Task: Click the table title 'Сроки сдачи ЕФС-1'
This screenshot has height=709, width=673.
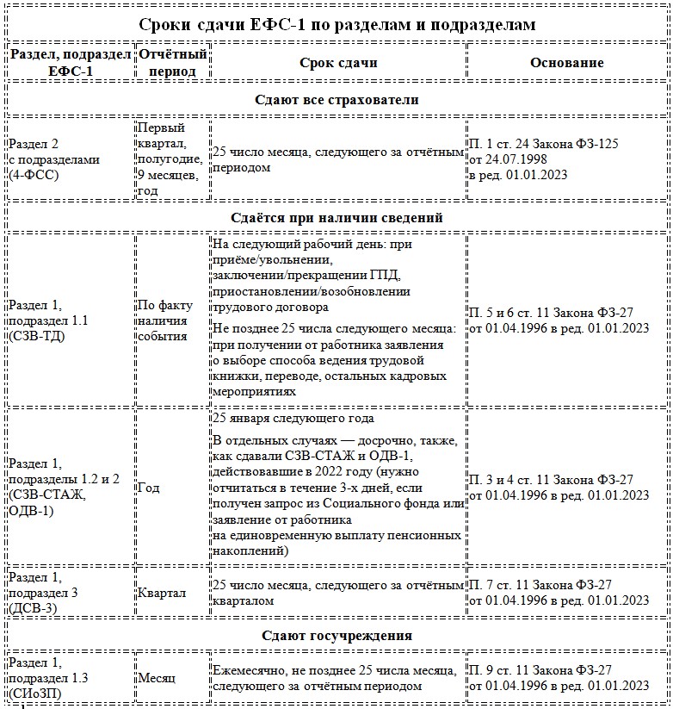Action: click(336, 24)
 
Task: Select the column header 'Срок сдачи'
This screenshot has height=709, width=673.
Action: click(338, 63)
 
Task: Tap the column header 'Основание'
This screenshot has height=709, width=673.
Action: click(566, 63)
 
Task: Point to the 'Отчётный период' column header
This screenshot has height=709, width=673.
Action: click(172, 63)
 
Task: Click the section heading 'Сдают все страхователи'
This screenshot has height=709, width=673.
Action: click(336, 100)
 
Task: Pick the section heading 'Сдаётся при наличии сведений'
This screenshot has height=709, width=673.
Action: click(336, 217)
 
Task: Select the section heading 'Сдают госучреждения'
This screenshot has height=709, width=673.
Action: click(336, 635)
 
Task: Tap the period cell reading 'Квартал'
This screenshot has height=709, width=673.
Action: click(161, 593)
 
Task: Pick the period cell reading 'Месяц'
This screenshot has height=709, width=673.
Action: click(157, 678)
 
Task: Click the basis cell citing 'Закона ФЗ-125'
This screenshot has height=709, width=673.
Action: click(544, 159)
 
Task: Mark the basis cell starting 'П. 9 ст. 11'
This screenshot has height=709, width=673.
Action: click(557, 678)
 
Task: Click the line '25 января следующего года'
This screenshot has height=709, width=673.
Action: click(293, 419)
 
